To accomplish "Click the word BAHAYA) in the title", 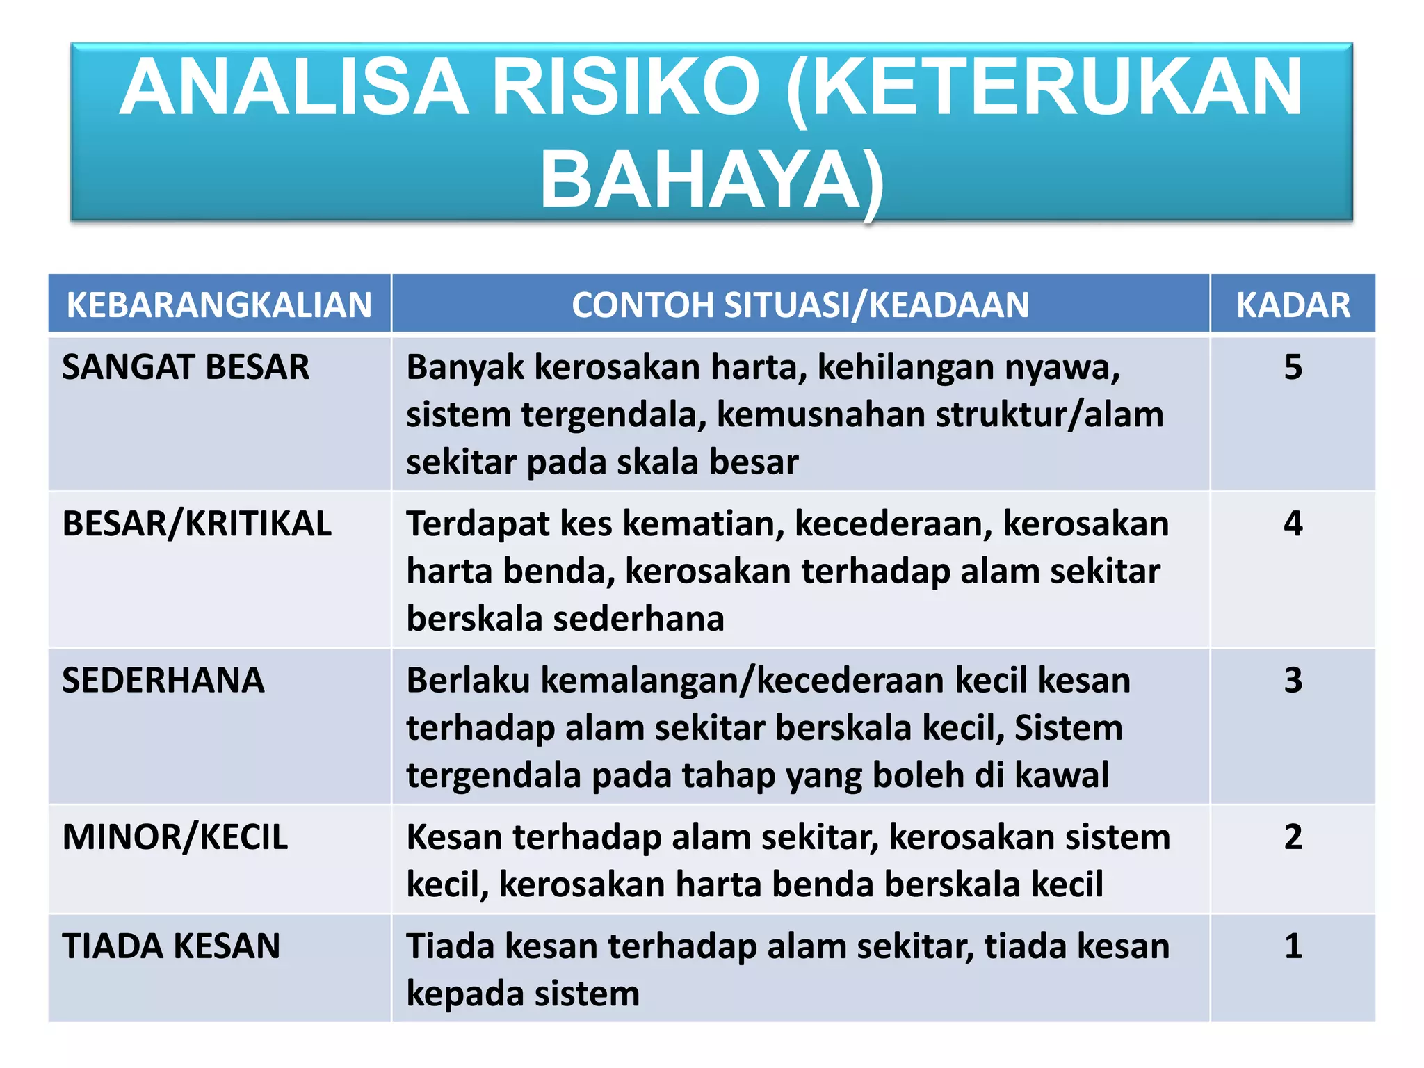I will pos(712,181).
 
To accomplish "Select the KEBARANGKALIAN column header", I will pos(219,305).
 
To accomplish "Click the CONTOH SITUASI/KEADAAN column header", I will pos(800,305).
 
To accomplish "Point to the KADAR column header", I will pos(1293,305).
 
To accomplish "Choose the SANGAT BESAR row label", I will pos(186,367).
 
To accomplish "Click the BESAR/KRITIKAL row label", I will pos(197,524).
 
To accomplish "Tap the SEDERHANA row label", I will pos(163,680).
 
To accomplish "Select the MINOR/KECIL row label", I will pos(175,836).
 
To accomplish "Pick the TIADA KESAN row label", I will pos(171,946).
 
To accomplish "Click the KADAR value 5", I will pos(1293,367).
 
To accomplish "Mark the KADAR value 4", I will pos(1293,524).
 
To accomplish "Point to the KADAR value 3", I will pos(1293,680).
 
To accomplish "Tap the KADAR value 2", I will pos(1293,836).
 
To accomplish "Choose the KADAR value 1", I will pos(1293,946).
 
